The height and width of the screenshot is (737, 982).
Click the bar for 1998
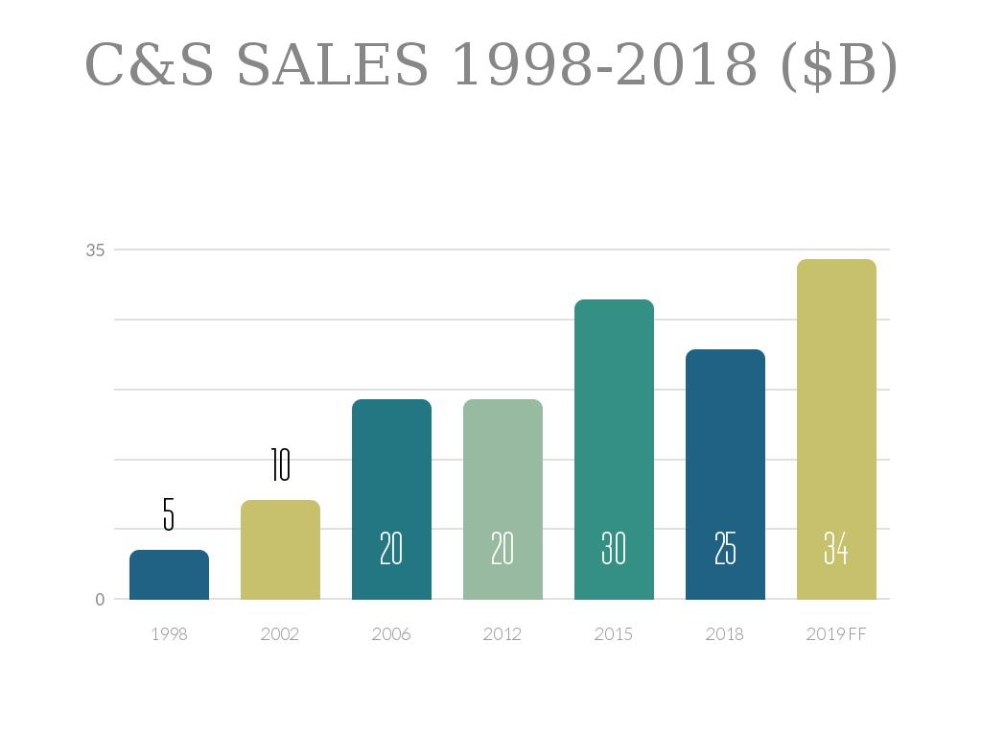(169, 575)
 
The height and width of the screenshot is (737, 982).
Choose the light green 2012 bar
(503, 499)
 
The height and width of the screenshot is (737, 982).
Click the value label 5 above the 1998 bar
(169, 515)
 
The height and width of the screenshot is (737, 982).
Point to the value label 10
(280, 464)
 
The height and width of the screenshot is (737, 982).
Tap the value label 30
(614, 549)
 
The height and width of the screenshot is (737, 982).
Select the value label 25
(725, 549)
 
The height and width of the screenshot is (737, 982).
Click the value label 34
(836, 549)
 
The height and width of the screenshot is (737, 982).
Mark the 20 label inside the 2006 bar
(391, 549)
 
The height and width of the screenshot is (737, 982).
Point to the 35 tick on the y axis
(96, 250)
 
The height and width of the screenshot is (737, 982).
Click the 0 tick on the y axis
(100, 600)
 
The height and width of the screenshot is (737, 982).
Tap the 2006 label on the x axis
(391, 634)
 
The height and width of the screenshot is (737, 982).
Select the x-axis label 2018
(725, 634)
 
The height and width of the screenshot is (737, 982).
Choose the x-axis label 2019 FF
(836, 634)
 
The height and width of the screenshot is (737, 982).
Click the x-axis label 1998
(169, 634)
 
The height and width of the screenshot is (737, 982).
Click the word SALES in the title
(332, 65)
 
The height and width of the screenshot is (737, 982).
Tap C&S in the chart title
(150, 65)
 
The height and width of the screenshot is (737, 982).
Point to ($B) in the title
(839, 65)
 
